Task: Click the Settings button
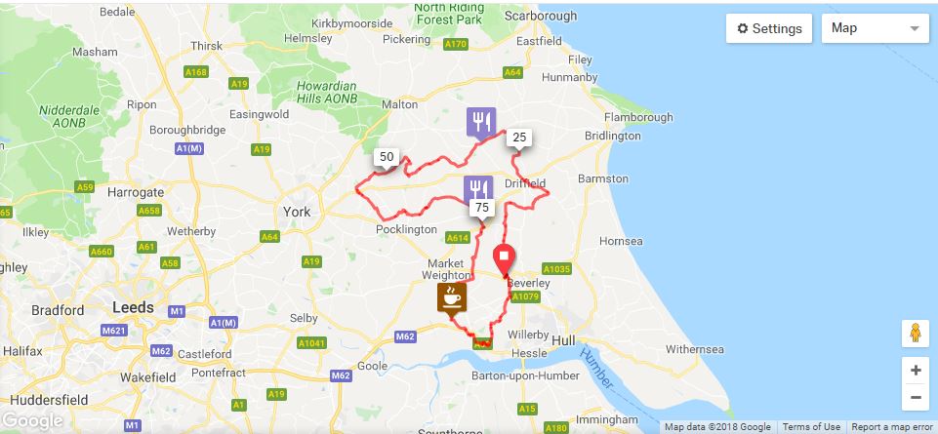point(769,28)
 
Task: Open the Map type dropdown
point(875,28)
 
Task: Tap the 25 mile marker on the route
point(519,138)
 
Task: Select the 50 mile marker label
point(387,157)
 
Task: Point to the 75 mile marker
point(481,208)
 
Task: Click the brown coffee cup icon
point(450,296)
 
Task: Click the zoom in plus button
point(915,371)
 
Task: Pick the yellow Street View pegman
point(915,334)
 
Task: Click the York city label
point(295,212)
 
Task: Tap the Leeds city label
point(133,306)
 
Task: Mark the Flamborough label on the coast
point(639,117)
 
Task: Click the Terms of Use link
point(811,427)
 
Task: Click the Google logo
point(34,421)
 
